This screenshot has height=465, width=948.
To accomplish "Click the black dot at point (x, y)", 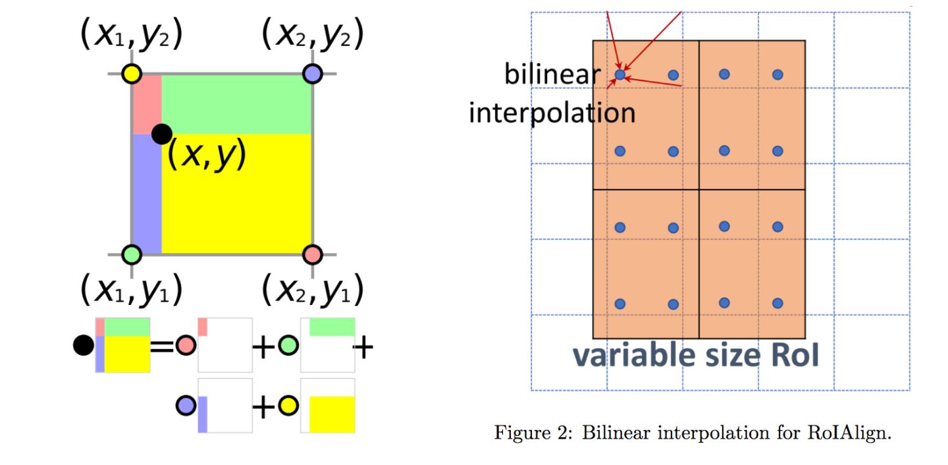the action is (162, 134).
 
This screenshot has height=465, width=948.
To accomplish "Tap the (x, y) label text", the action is (207, 154).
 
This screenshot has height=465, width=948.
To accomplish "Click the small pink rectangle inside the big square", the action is (147, 105).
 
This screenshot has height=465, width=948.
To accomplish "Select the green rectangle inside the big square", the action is (236, 105).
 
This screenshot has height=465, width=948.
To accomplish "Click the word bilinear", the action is (552, 74).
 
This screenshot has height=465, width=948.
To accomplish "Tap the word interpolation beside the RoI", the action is (552, 113).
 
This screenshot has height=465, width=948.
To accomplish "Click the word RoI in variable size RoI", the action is (795, 355).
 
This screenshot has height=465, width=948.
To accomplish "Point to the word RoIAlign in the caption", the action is (849, 432).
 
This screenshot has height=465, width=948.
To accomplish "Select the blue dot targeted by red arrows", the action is (620, 74).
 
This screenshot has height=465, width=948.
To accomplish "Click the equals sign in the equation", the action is (162, 346).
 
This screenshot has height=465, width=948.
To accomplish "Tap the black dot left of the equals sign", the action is (84, 345).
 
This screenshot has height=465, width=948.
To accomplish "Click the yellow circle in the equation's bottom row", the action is (288, 406).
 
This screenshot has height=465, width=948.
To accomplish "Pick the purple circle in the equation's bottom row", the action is (186, 406).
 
